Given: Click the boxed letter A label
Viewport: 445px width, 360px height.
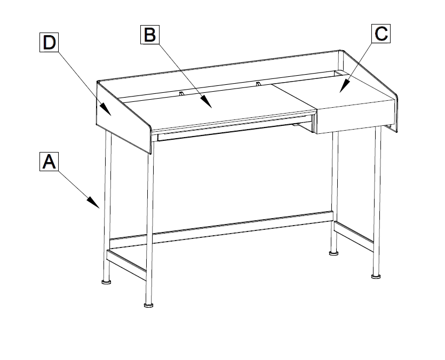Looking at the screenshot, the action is click(x=49, y=162).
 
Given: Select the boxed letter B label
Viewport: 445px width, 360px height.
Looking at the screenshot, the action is click(x=150, y=35).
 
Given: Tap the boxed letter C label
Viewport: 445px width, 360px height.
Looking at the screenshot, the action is click(x=381, y=34).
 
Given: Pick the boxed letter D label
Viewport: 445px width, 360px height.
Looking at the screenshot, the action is click(x=49, y=42).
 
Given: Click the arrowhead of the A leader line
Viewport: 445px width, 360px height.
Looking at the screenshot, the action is click(x=93, y=202).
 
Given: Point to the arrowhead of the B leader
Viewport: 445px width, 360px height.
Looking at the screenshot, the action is click(x=206, y=102).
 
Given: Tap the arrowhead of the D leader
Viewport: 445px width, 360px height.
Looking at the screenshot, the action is click(x=106, y=109).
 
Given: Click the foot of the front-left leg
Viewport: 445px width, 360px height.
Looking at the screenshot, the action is click(x=148, y=305).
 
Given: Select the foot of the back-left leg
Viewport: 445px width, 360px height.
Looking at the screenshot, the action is click(x=106, y=282).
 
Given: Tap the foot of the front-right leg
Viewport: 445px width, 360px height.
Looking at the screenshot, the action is click(x=376, y=276).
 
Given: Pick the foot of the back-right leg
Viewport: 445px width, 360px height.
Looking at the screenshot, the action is click(x=334, y=252).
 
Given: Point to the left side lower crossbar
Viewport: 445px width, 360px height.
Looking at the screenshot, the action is click(x=126, y=265).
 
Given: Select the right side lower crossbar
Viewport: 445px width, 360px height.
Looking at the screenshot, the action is click(x=354, y=237).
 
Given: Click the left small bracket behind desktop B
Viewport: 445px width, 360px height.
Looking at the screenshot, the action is click(x=181, y=93).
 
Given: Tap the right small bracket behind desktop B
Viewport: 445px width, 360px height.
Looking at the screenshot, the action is click(x=258, y=84).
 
